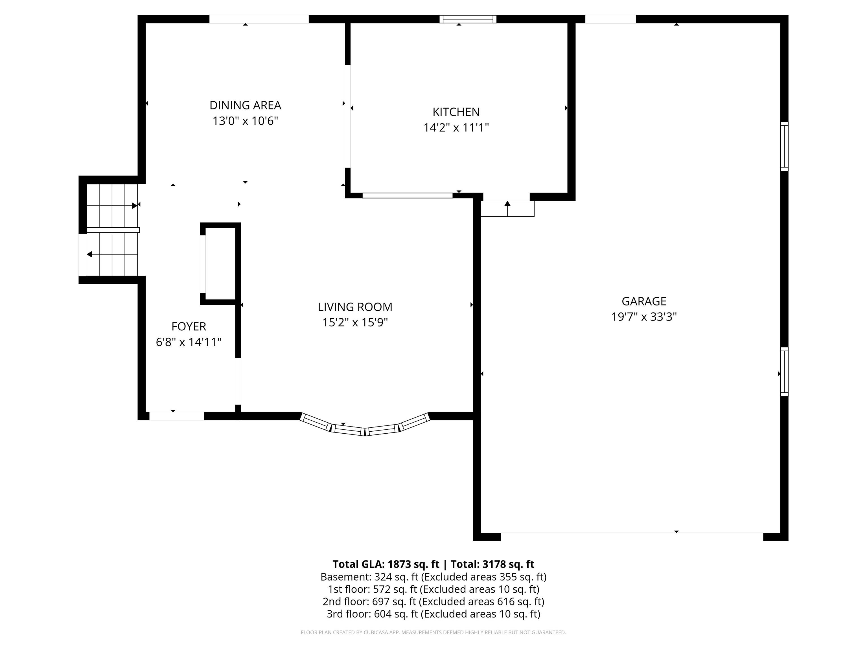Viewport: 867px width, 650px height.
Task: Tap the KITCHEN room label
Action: (456, 112)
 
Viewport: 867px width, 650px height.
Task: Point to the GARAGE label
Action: (644, 301)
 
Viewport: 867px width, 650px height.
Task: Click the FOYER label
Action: (189, 326)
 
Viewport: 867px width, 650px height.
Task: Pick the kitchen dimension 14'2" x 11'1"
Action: (456, 128)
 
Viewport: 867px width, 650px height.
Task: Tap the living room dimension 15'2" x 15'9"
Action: (355, 322)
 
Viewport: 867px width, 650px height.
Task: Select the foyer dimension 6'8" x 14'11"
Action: (189, 342)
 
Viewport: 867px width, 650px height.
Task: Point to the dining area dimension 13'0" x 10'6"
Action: (245, 121)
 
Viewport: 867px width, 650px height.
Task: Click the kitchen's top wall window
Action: (468, 19)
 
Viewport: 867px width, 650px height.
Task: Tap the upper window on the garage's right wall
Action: (784, 146)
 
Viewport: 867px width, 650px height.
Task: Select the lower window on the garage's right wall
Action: (784, 372)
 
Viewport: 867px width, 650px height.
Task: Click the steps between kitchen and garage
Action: (507, 209)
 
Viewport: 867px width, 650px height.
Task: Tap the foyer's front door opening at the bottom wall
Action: (177, 416)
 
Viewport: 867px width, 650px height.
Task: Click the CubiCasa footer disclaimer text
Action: (433, 633)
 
